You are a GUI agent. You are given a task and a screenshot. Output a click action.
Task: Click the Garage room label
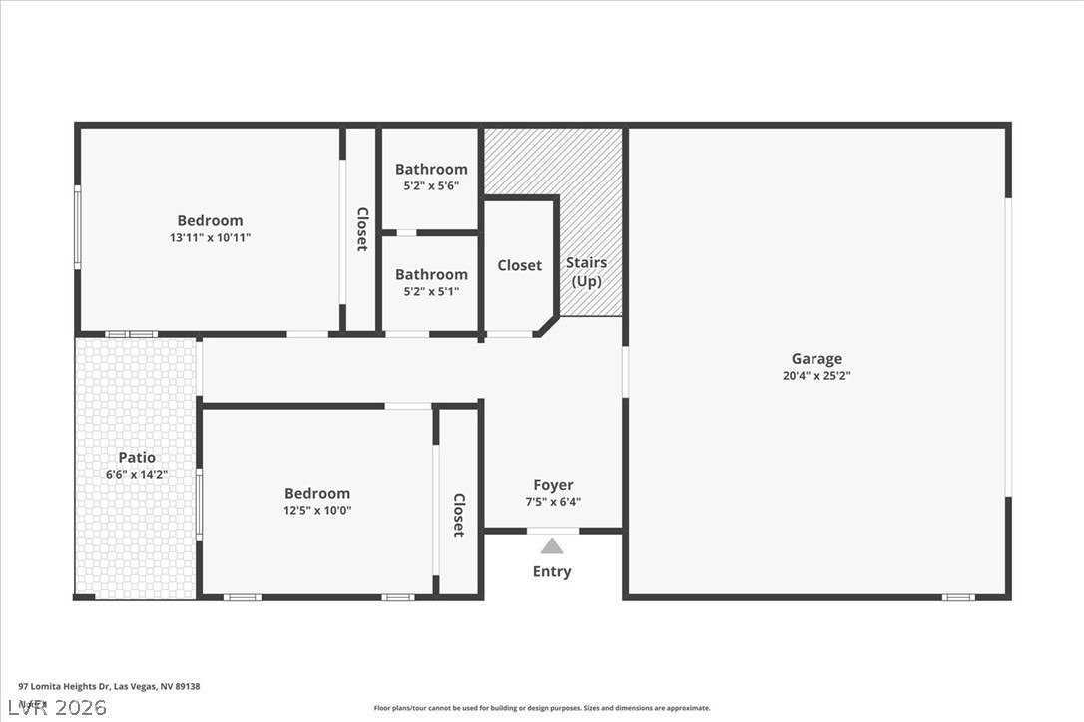point(816,359)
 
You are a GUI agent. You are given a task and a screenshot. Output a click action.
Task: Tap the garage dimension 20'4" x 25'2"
point(816,376)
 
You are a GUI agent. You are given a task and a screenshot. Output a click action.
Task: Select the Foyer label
point(552,485)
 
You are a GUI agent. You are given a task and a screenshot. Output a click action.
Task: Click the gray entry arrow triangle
point(552,545)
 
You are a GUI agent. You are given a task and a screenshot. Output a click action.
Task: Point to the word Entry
point(552,571)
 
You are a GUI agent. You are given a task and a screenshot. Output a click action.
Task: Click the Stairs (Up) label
point(586,271)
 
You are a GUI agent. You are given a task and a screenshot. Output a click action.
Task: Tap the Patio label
point(137,458)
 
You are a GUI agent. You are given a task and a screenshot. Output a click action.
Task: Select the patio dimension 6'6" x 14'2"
point(137,475)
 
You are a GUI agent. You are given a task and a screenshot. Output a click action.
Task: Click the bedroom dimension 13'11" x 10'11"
point(210,238)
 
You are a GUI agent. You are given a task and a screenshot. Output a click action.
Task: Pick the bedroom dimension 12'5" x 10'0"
point(317,510)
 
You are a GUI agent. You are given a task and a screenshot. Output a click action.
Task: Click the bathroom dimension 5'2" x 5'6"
point(431,186)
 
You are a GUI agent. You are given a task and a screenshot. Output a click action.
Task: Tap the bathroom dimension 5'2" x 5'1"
point(431,292)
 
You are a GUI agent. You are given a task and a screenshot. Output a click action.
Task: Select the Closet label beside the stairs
point(520,265)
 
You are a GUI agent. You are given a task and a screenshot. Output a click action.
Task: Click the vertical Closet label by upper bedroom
point(362,229)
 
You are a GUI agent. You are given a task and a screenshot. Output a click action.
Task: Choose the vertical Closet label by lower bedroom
point(459,515)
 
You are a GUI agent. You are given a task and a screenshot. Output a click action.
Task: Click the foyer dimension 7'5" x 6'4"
point(552,502)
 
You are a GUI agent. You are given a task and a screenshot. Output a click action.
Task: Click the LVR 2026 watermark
point(54,708)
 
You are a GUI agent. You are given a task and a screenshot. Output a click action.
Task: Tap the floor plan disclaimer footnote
point(542,708)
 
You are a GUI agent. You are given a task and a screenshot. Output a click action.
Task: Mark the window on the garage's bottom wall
point(957,597)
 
